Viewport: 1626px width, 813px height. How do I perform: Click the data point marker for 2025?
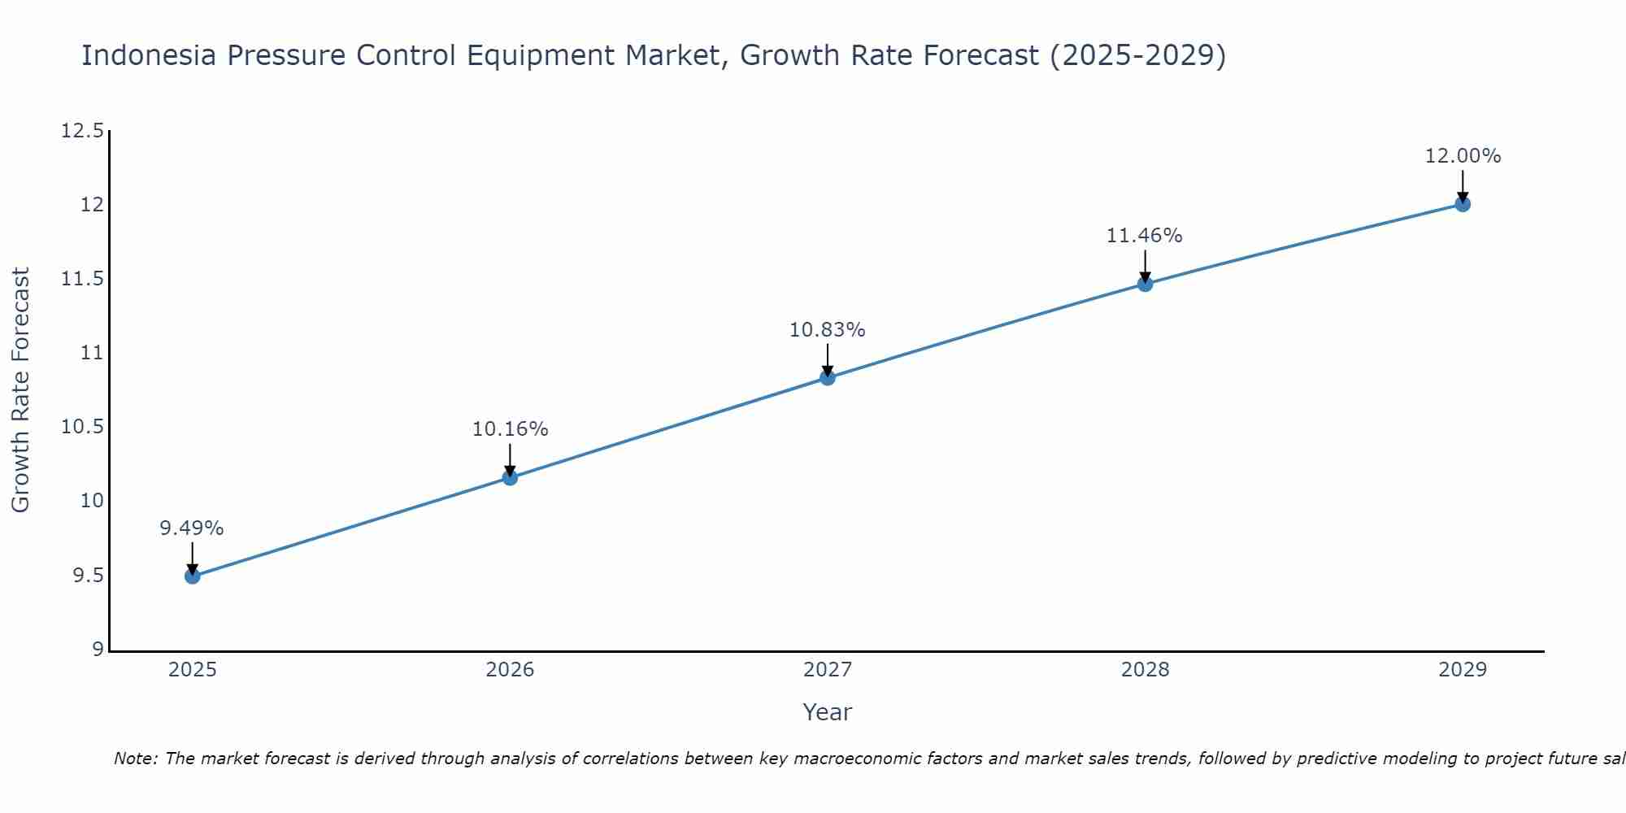[x=193, y=576]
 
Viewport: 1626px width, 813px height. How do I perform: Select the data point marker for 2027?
[x=828, y=377]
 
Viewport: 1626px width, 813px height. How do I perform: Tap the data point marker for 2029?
[x=1463, y=204]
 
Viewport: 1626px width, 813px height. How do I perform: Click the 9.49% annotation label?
[x=192, y=528]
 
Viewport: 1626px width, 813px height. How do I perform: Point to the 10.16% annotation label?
[x=511, y=429]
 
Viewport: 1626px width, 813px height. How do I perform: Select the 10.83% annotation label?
[x=828, y=330]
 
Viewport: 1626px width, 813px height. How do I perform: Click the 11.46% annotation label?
[x=1145, y=236]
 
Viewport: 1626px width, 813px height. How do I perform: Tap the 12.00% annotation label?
[x=1463, y=156]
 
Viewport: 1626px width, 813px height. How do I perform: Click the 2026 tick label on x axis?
[x=510, y=670]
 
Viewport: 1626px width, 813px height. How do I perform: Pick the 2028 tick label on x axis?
[x=1145, y=670]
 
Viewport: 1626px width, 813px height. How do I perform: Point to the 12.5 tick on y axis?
[x=83, y=131]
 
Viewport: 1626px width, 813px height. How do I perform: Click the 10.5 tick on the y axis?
[x=83, y=427]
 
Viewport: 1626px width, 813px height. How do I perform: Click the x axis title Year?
[x=827, y=712]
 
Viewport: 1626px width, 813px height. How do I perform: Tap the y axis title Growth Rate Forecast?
[x=20, y=390]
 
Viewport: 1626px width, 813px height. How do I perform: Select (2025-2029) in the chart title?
[x=1137, y=56]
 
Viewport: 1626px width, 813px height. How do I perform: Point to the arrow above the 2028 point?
[x=1145, y=266]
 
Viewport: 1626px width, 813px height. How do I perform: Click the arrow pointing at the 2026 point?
[x=511, y=459]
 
